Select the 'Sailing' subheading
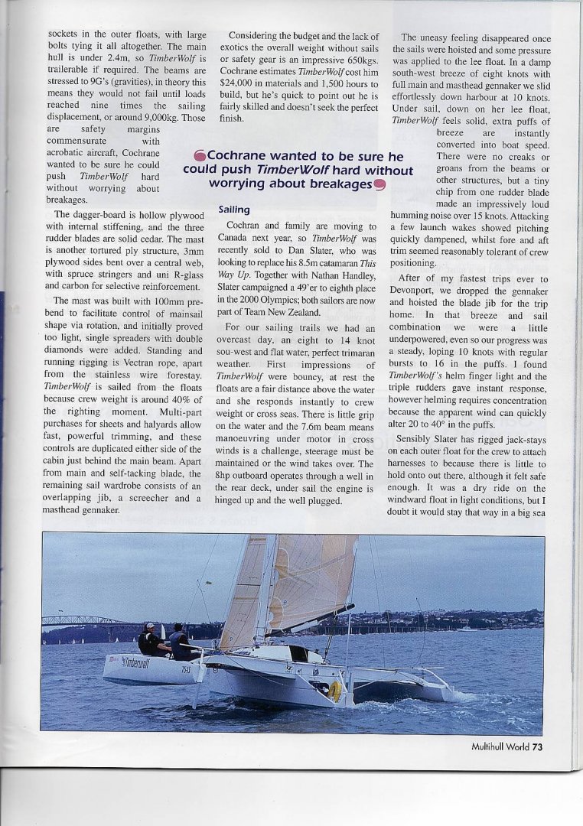pyautogui.click(x=233, y=209)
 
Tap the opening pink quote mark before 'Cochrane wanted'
pyautogui.click(x=200, y=158)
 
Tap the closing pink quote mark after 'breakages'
pyautogui.click(x=379, y=184)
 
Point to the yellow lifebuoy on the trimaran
pyautogui.click(x=335, y=691)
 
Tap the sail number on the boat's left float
pyautogui.click(x=187, y=671)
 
